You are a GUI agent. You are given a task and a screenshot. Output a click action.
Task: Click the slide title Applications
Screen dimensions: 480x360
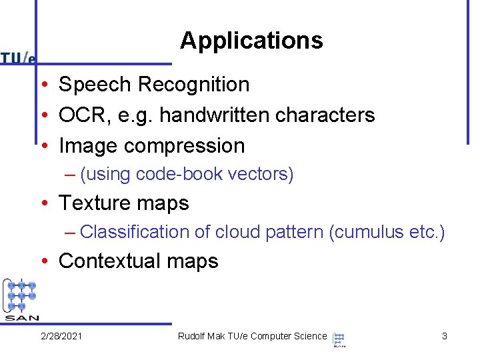(251, 41)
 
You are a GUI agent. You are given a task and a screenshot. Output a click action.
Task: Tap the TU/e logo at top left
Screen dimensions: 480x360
(18, 58)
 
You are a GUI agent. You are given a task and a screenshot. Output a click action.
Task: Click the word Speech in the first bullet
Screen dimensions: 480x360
(95, 85)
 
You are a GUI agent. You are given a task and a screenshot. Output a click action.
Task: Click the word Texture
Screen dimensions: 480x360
(93, 203)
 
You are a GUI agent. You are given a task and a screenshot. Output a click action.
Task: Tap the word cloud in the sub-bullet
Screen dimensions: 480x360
(237, 232)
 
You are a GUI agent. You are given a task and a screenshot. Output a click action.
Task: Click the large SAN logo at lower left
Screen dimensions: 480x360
(21, 299)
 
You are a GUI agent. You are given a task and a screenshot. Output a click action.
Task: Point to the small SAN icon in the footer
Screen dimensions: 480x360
(339, 339)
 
